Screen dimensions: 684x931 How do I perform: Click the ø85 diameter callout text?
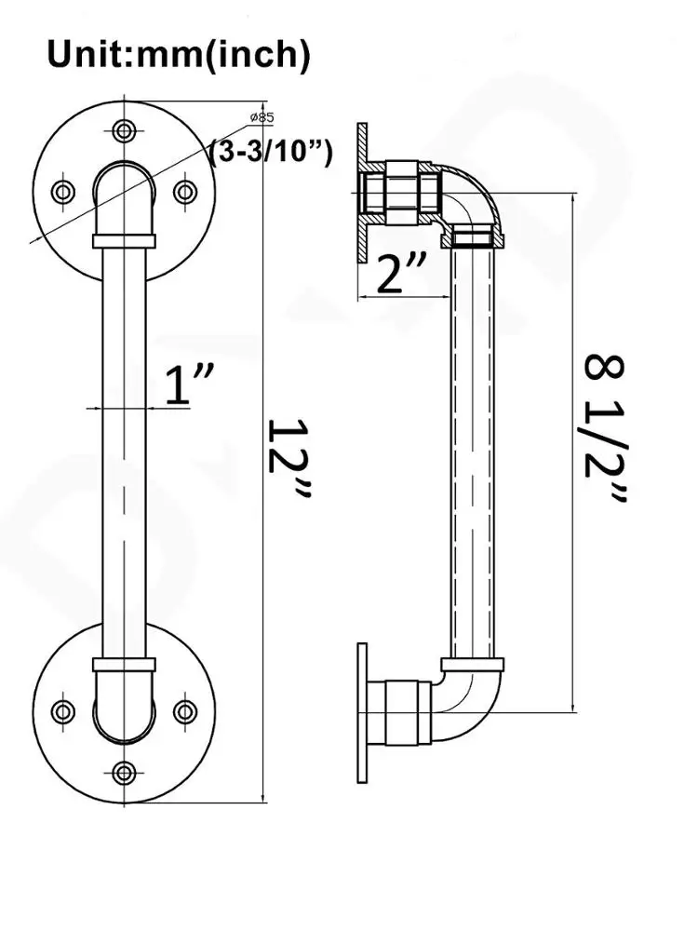[262, 117]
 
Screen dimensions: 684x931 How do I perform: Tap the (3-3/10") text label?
[272, 153]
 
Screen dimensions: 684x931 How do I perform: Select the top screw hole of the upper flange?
[124, 129]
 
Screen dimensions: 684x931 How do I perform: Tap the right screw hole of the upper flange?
[186, 192]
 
